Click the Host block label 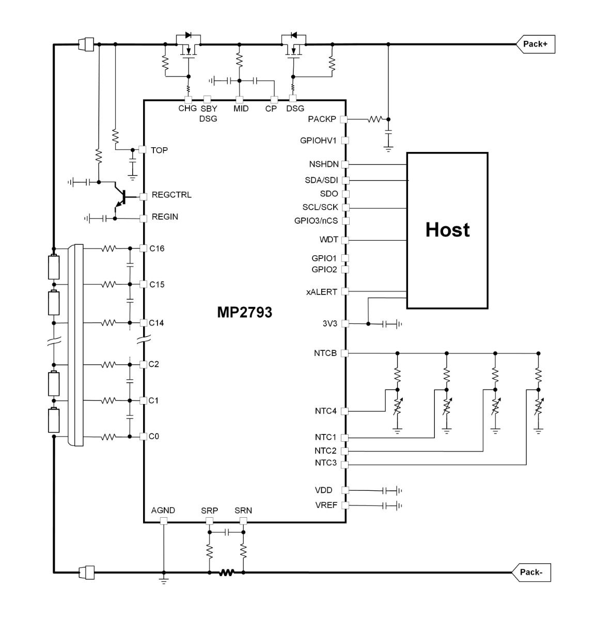pyautogui.click(x=447, y=230)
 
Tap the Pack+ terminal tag pyautogui.click(x=535, y=44)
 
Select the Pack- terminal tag pyautogui.click(x=531, y=572)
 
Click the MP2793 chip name pyautogui.click(x=244, y=313)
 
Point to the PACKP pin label pyautogui.click(x=322, y=119)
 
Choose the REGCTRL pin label pyautogui.click(x=171, y=195)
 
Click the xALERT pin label pyautogui.click(x=321, y=292)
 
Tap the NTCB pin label pyautogui.click(x=325, y=353)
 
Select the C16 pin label pyautogui.click(x=156, y=249)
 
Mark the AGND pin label pyautogui.click(x=163, y=510)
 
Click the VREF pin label pyautogui.click(x=326, y=505)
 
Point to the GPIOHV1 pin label pyautogui.click(x=318, y=141)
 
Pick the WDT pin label pyautogui.click(x=328, y=240)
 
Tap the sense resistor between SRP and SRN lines pyautogui.click(x=226, y=572)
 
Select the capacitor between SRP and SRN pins pyautogui.click(x=226, y=532)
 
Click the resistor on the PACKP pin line pyautogui.click(x=374, y=119)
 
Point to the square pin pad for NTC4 pyautogui.click(x=345, y=412)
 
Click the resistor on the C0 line pyautogui.click(x=108, y=437)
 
